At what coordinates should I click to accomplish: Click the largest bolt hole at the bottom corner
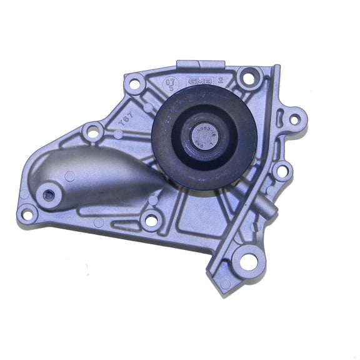tap(249, 262)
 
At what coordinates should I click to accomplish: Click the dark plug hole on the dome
tap(47, 194)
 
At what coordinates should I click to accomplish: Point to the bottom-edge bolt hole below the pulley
tap(151, 220)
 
